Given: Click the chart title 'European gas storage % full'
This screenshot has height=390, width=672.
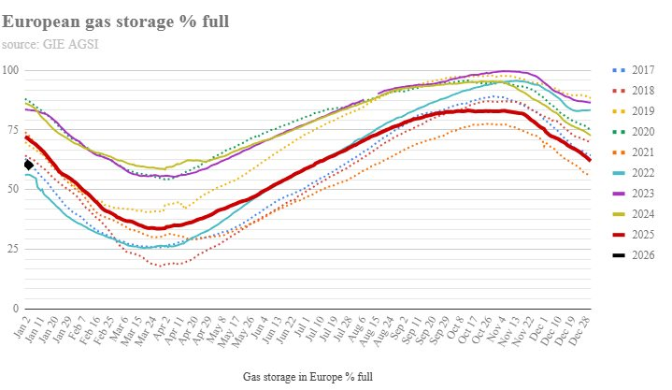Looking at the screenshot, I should coord(116,21).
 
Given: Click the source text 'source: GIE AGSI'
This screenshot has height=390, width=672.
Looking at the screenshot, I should coord(50,43).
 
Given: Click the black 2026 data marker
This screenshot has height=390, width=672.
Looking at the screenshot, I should coord(29,166).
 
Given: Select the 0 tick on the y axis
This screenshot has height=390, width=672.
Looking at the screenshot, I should coord(16,309).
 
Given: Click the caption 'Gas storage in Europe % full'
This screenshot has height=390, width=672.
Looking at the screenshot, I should coord(308,376).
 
